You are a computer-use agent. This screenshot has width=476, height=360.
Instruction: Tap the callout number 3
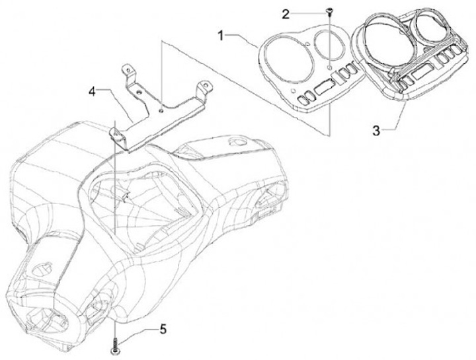pos(376,129)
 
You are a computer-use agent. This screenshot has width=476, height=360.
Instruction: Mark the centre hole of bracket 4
pos(162,111)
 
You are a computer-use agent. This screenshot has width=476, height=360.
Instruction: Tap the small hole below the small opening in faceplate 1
pos(329,67)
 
